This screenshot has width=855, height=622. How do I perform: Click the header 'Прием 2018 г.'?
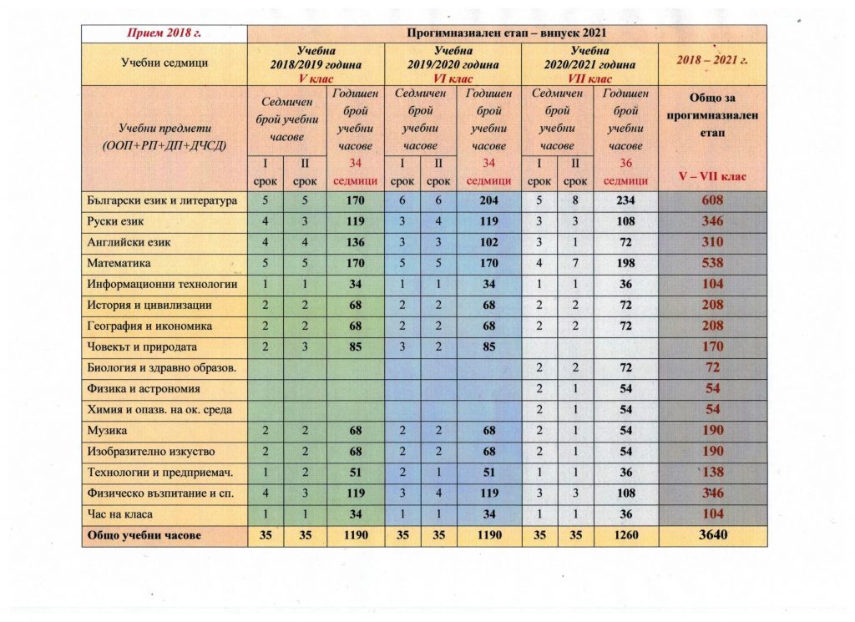pos(164,33)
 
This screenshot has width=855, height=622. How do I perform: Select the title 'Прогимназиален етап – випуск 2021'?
pos(507,33)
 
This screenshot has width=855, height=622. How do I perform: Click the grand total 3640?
pos(712,535)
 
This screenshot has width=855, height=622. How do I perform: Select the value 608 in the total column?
pos(712,200)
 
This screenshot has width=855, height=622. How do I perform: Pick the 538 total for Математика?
pos(712,263)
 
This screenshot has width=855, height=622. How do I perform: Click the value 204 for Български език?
pos(488,200)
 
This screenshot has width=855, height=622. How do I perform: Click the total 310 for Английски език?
pos(712,242)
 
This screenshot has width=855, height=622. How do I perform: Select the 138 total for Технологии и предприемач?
pos(712,472)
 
